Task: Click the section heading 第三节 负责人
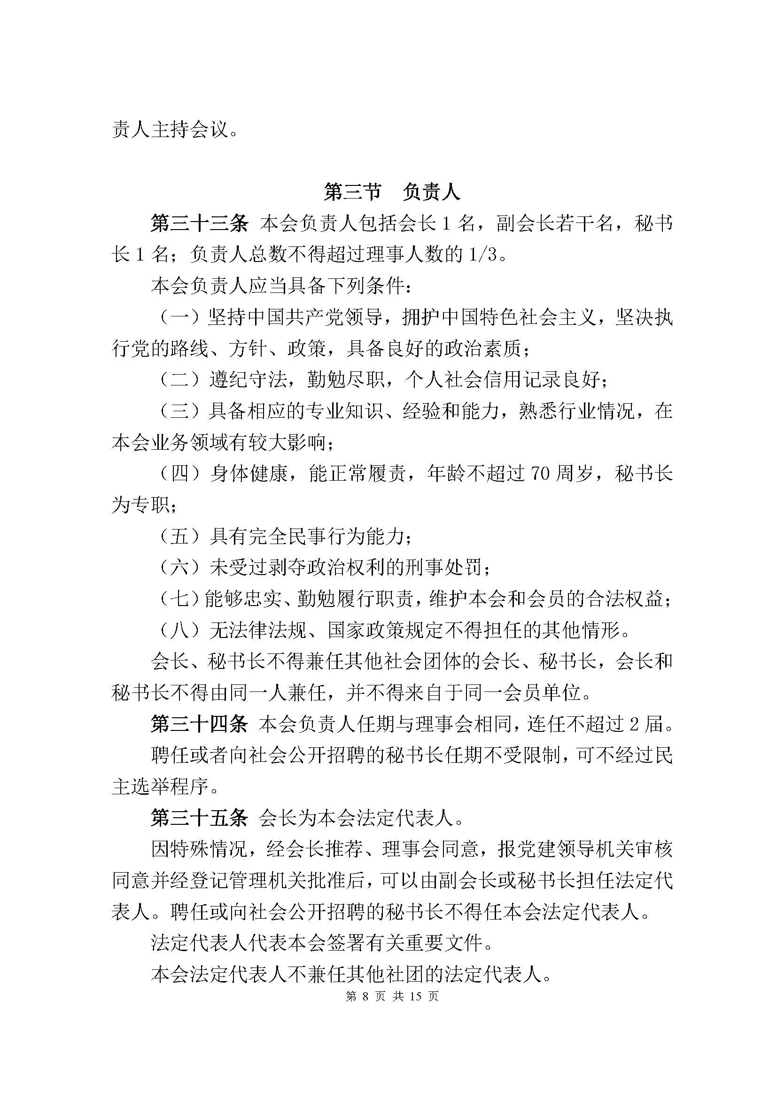392,192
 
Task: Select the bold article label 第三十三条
199,223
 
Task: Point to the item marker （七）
178,599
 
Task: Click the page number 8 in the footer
367,996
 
